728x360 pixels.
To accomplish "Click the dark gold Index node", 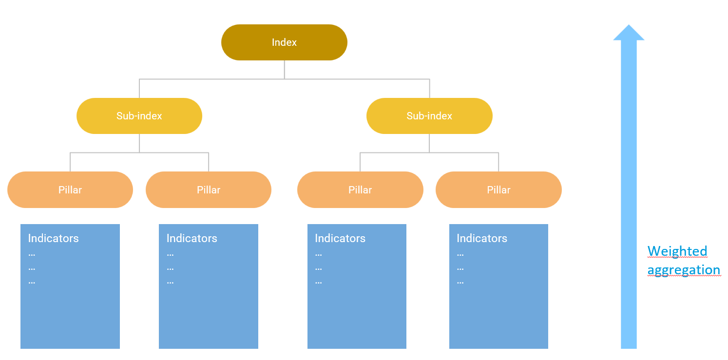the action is pos(285,42).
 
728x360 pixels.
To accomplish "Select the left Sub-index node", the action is pos(139,116).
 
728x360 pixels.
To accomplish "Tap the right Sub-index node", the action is pos(429,116).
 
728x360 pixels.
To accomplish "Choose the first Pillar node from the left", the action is pos(70,190).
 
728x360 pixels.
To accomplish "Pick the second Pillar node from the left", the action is pos(209,190).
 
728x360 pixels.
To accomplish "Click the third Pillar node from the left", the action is pos(360,190).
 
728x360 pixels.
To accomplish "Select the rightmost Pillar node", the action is pos(498,190).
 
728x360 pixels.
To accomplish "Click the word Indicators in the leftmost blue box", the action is pos(53,238).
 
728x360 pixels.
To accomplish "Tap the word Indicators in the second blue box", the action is pos(192,238).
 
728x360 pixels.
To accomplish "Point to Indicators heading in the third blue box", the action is pos(340,238).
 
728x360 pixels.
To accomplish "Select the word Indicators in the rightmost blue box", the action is pos(481,238).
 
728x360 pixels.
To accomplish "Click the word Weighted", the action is pos(677,251).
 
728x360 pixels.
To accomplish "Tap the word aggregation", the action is pos(684,270).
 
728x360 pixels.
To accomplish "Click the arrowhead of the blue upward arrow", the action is pos(629,33).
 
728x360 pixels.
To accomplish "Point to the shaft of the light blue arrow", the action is pos(629,194).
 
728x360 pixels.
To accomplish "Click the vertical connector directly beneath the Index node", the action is pos(285,70).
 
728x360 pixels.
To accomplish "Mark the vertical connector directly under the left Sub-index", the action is pos(139,143).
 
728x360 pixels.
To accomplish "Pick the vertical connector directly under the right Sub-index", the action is pos(429,143).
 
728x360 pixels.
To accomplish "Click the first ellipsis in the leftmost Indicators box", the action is pos(32,255).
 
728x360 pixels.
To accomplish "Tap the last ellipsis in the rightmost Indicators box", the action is pos(460,283).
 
